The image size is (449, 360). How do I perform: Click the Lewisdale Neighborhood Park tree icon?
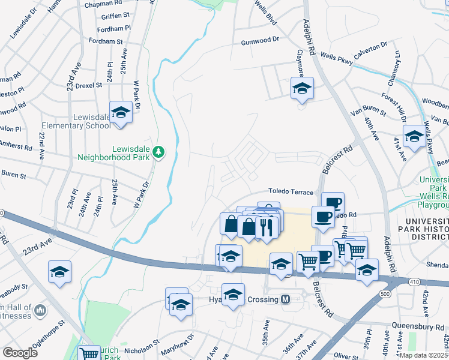pos(158,152)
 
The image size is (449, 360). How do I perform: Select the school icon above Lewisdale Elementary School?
pos(121,113)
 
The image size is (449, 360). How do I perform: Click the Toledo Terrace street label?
pos(291,191)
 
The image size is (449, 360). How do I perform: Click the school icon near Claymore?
pos(303,89)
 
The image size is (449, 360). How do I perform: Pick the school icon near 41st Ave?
pos(414,136)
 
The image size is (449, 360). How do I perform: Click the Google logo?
pos(20,353)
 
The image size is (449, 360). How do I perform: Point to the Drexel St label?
pos(89,85)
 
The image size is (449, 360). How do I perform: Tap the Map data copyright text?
pos(423,355)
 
